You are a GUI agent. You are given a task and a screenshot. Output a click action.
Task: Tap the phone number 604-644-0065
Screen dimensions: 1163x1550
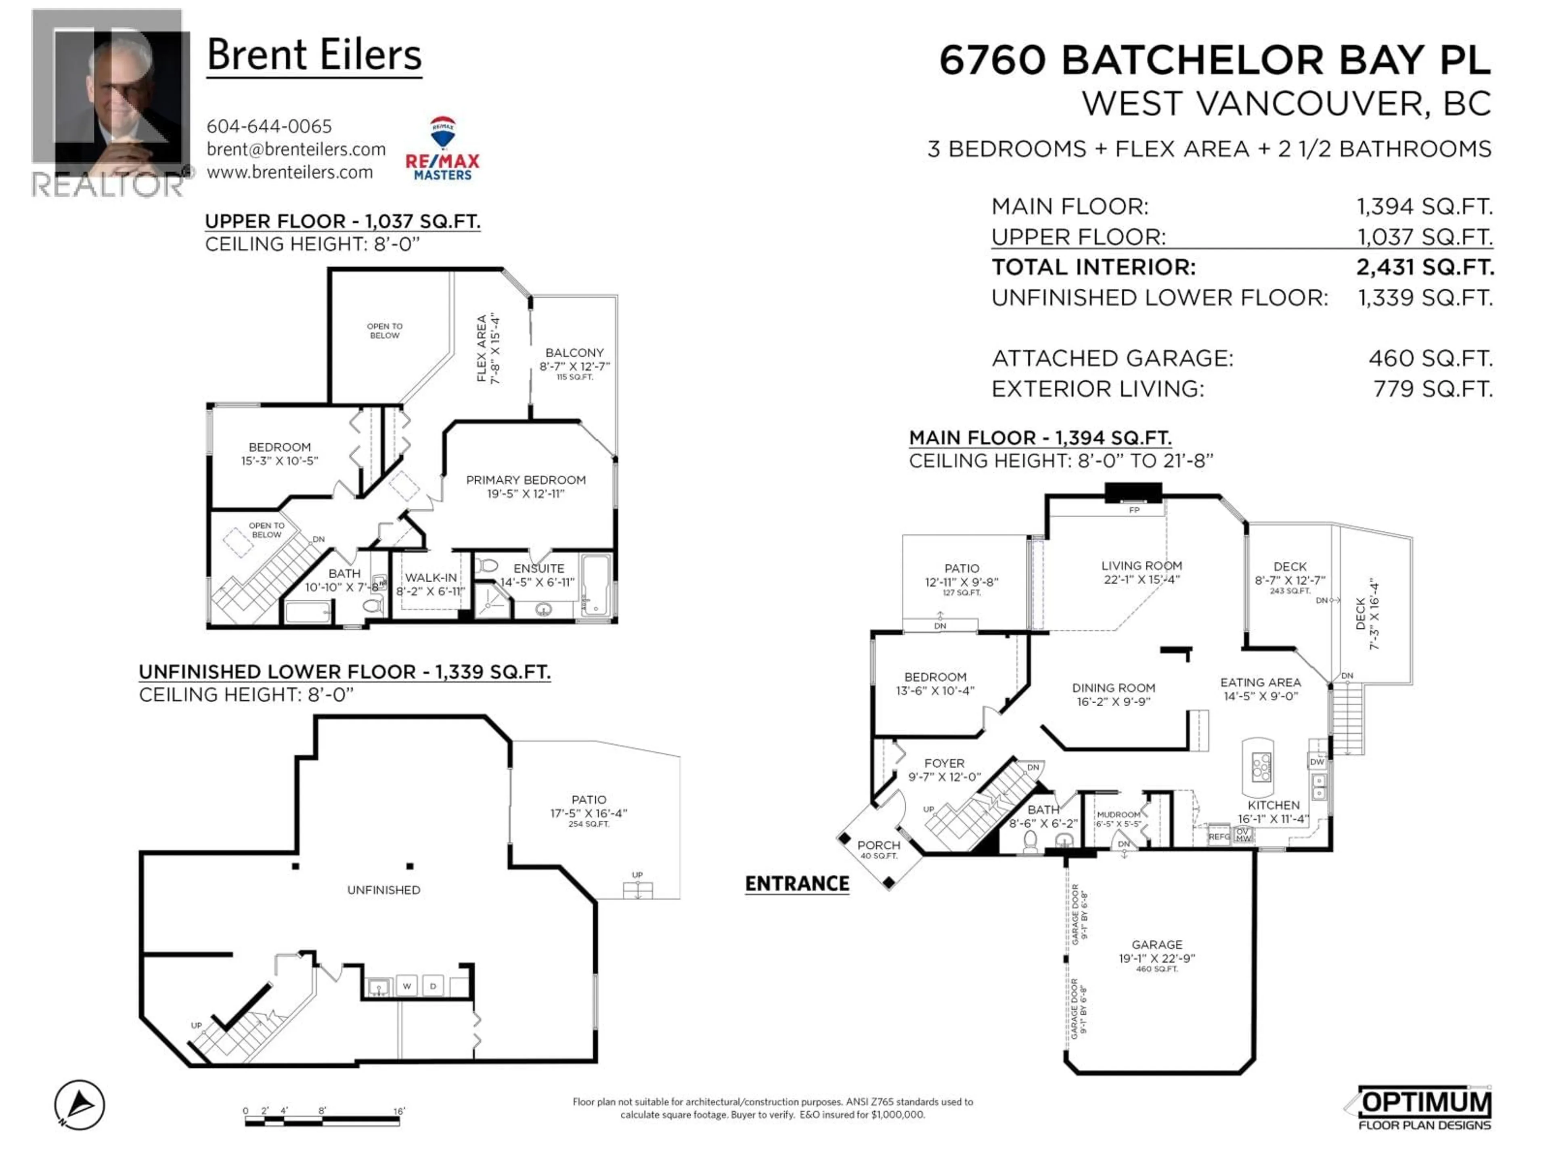pyautogui.click(x=269, y=126)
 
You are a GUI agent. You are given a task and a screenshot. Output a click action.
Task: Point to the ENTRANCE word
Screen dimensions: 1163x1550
pyautogui.click(x=797, y=884)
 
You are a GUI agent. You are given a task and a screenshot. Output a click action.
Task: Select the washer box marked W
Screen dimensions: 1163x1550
pyautogui.click(x=406, y=986)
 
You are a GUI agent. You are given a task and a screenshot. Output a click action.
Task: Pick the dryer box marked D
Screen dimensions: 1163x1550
pyautogui.click(x=433, y=986)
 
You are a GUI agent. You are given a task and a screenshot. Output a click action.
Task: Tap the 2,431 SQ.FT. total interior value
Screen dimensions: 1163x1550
pyautogui.click(x=1424, y=267)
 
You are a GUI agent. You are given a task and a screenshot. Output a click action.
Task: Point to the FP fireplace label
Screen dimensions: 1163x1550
pyautogui.click(x=1134, y=510)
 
